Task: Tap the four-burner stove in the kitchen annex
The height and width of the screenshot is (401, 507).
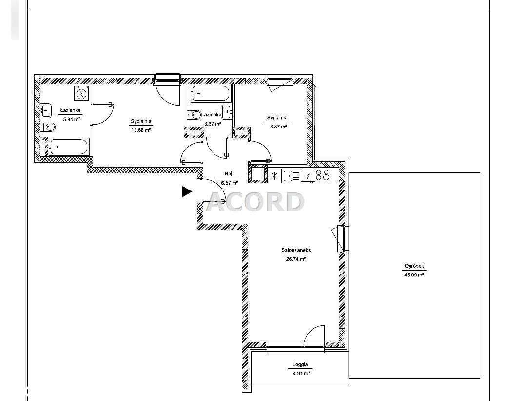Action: pos(322,175)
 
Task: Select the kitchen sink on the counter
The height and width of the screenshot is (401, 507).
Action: pos(292,175)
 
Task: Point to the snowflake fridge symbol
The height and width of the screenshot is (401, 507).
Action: pos(274,175)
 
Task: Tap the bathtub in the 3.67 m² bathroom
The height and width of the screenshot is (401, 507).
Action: pos(210,93)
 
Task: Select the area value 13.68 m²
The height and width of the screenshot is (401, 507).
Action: pos(141,130)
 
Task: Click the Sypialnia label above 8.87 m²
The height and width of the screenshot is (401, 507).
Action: pos(277,118)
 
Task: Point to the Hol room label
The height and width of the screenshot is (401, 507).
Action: pos(228,174)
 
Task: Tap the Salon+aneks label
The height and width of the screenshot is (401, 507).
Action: pos(296,250)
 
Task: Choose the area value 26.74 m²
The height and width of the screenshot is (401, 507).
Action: pos(296,259)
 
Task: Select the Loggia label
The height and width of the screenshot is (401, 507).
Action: pos(300,364)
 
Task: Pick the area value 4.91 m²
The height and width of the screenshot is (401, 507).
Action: pos(301,373)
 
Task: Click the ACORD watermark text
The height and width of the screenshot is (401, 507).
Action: pos(255,202)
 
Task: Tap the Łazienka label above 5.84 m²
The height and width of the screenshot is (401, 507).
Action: pos(70,110)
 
